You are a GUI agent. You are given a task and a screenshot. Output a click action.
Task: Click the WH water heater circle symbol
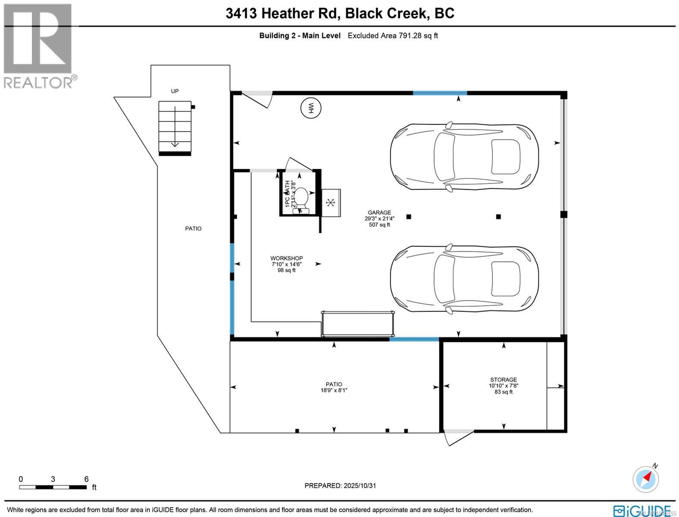[x=311, y=108]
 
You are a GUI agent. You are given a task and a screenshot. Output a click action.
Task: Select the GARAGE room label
[x=379, y=212]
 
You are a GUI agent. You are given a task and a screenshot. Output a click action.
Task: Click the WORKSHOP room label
[x=286, y=258]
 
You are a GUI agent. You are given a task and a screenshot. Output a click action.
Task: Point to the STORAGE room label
[x=503, y=380]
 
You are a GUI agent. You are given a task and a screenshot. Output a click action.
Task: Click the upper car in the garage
[x=464, y=157]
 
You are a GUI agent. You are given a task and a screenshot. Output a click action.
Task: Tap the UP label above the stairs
[x=175, y=91]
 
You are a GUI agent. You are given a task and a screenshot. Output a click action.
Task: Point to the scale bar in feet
[x=53, y=487]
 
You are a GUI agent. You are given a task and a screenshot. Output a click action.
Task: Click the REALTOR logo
[x=38, y=45]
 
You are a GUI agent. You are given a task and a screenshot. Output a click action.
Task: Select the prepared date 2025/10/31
[x=340, y=486]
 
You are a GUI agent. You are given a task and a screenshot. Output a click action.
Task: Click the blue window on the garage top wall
[x=440, y=93]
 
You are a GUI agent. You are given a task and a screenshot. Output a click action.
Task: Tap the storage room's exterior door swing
[x=458, y=437]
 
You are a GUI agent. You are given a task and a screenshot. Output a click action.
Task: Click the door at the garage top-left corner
[x=258, y=99]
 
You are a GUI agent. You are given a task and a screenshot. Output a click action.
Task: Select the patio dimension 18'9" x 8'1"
[x=333, y=390]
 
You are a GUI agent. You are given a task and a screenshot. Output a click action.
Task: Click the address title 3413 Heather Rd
[x=283, y=13]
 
